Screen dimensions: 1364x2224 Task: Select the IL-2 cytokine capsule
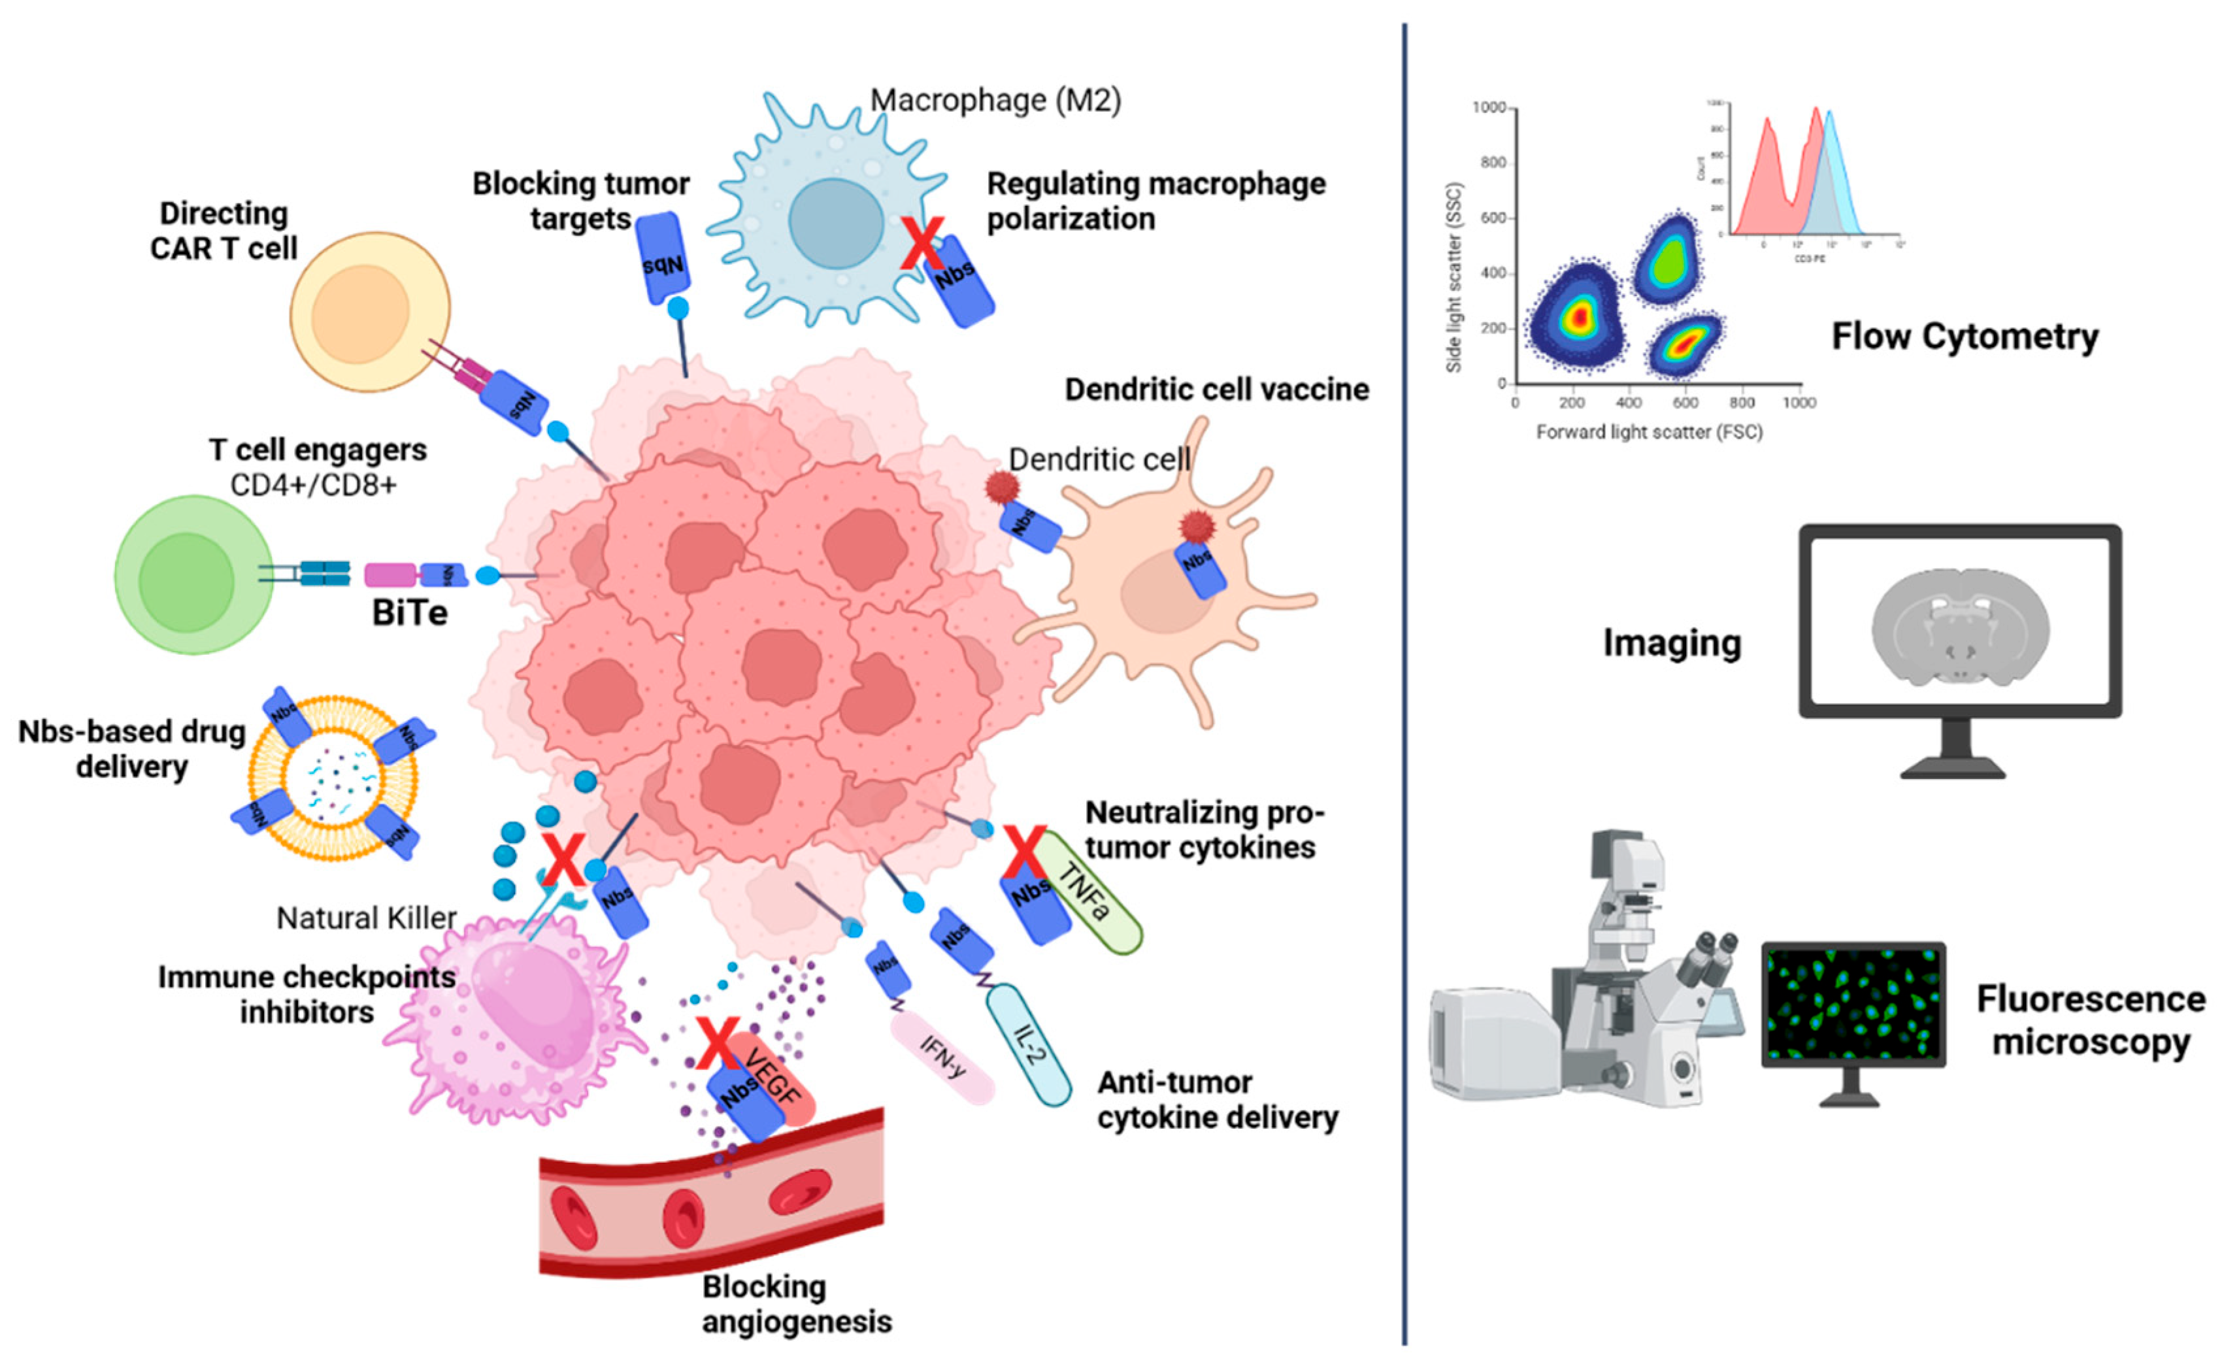(x=1029, y=1045)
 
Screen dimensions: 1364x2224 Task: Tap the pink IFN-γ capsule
(x=942, y=1058)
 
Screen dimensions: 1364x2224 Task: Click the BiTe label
(x=410, y=614)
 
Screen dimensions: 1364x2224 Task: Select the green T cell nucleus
(x=187, y=582)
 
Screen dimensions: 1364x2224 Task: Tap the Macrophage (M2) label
(x=995, y=100)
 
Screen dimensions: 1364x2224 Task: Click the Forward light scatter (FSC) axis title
(x=1649, y=433)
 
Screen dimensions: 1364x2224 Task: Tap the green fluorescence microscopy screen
(x=1852, y=1005)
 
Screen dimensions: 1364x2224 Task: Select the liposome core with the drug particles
(x=333, y=776)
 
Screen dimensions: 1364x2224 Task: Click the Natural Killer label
(x=365, y=918)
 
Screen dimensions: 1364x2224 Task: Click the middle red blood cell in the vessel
(x=683, y=1219)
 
